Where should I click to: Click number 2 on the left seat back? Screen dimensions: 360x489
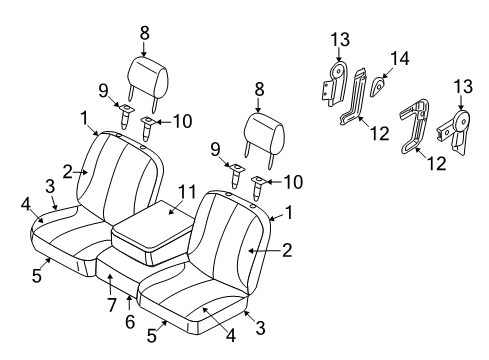68,171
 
